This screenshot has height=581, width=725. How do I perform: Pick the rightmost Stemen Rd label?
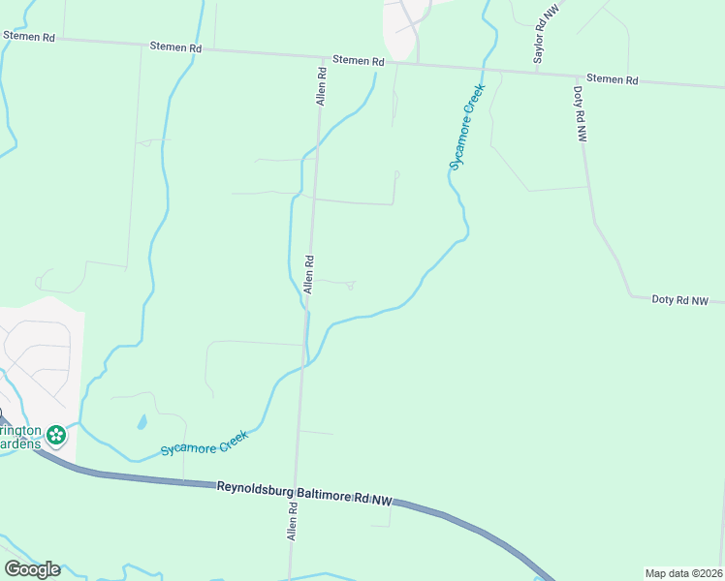[613, 79]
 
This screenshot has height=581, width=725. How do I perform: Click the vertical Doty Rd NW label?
[580, 115]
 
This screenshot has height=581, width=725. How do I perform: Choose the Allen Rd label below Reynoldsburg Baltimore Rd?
[290, 521]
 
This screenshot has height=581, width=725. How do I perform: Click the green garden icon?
[56, 435]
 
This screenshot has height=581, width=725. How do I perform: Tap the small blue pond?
[142, 422]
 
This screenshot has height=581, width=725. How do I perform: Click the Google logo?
[32, 569]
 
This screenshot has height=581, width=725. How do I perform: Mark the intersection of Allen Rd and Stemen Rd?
[320, 57]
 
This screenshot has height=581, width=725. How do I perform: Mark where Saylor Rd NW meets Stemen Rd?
[536, 71]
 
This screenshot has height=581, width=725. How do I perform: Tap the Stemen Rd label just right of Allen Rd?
[359, 60]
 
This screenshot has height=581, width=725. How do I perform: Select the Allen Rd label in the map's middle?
[309, 274]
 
